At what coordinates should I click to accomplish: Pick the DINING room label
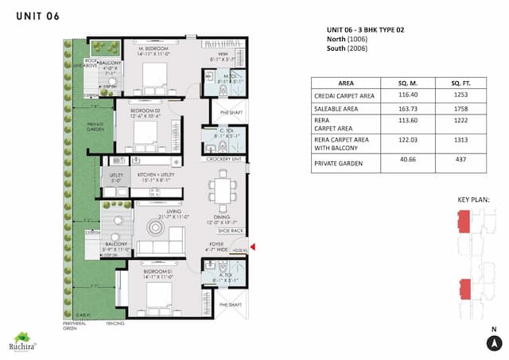[223, 220]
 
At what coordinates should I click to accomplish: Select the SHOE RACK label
[230, 231]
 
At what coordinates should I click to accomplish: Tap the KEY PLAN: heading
[473, 199]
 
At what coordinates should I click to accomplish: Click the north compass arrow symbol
[494, 343]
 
